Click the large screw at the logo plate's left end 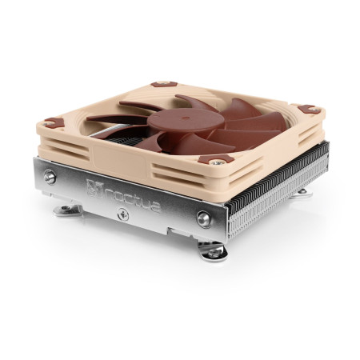(x=50, y=178)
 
